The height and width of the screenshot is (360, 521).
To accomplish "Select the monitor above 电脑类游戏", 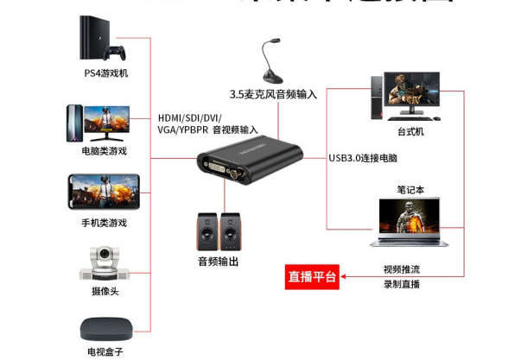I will [105, 123].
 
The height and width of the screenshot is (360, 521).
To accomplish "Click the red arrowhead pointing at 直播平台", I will [346, 276].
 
